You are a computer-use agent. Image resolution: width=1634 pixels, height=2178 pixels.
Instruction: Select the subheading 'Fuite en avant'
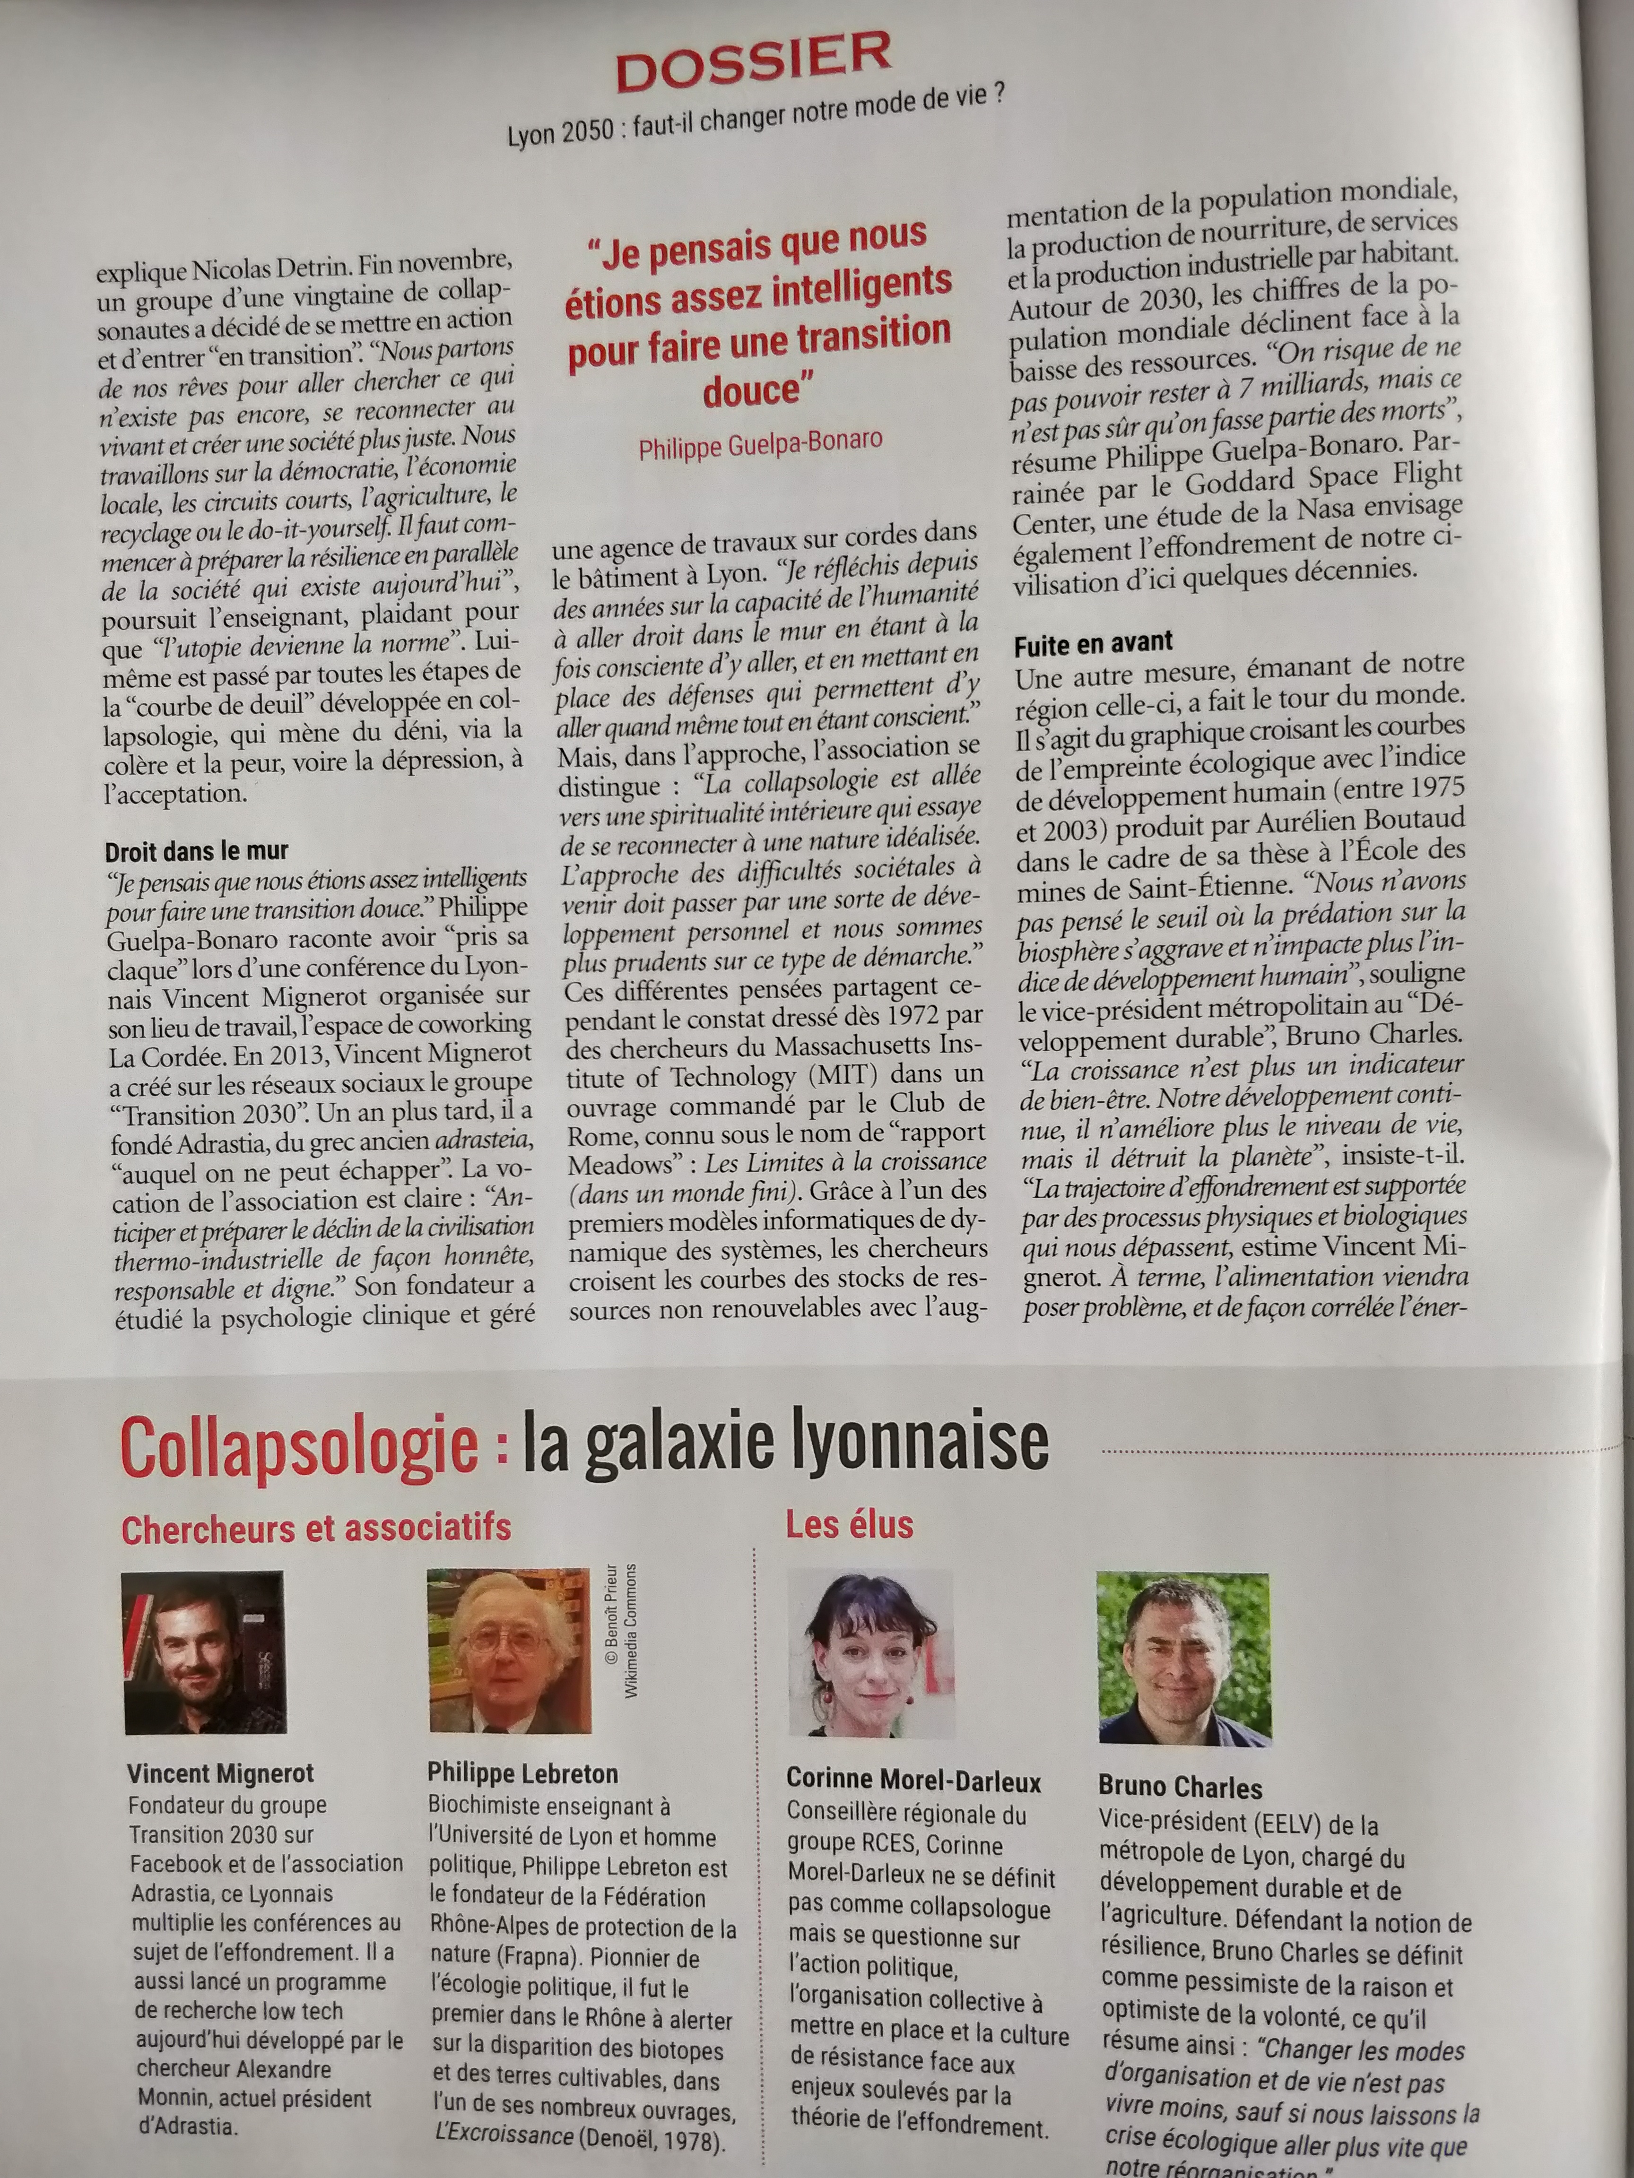click(1093, 643)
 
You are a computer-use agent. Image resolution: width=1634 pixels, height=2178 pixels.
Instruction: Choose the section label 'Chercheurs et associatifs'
click(316, 1528)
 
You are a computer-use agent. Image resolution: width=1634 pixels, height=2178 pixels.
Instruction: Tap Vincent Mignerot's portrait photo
click(204, 1651)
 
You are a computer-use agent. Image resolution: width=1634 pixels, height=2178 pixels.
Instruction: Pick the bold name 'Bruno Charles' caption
click(1180, 1787)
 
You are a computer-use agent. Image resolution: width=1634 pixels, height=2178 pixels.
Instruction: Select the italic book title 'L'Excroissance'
click(504, 2135)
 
